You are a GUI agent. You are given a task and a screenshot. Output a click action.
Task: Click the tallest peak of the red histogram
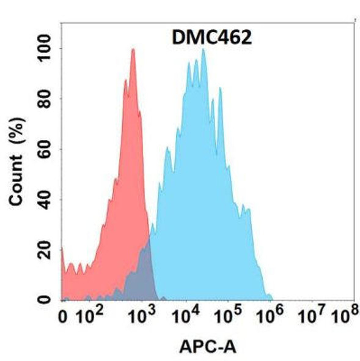tap(133, 50)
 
